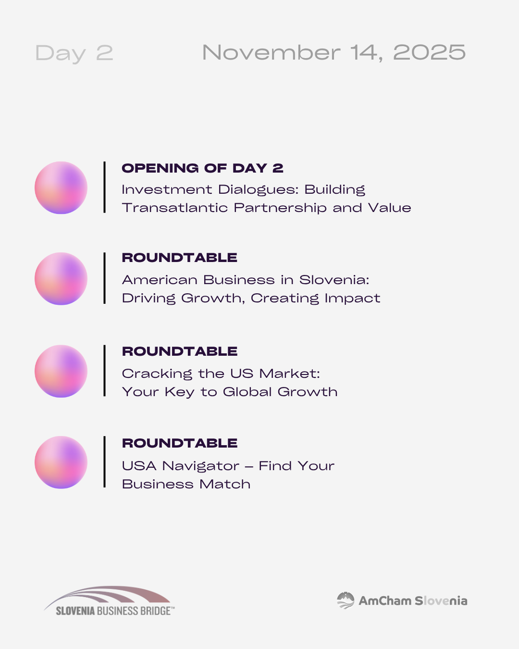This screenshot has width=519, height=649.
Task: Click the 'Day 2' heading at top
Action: click(x=74, y=53)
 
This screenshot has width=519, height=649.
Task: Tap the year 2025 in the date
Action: click(x=430, y=52)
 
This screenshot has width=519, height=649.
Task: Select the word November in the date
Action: click(x=272, y=52)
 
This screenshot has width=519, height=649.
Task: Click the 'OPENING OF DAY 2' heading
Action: click(x=202, y=168)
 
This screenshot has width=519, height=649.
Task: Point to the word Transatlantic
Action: click(x=174, y=208)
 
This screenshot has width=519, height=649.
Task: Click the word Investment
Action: click(x=167, y=190)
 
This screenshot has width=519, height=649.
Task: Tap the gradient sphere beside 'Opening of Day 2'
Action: click(x=61, y=187)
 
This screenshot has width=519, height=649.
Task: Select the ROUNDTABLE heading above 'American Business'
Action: click(x=179, y=258)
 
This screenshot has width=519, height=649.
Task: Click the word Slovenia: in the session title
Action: click(x=334, y=280)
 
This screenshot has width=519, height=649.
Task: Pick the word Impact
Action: click(x=352, y=299)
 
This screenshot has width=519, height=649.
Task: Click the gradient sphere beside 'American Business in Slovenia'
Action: click(x=61, y=279)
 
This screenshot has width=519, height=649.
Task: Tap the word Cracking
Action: click(x=157, y=374)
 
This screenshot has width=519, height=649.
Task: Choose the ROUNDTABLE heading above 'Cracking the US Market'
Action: click(x=179, y=351)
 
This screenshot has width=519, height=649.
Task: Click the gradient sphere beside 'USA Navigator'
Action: click(x=61, y=462)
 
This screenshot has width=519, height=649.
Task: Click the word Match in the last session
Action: click(x=225, y=484)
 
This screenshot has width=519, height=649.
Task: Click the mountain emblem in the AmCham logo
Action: click(x=346, y=600)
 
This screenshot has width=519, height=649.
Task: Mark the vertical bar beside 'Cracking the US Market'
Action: click(x=104, y=371)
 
